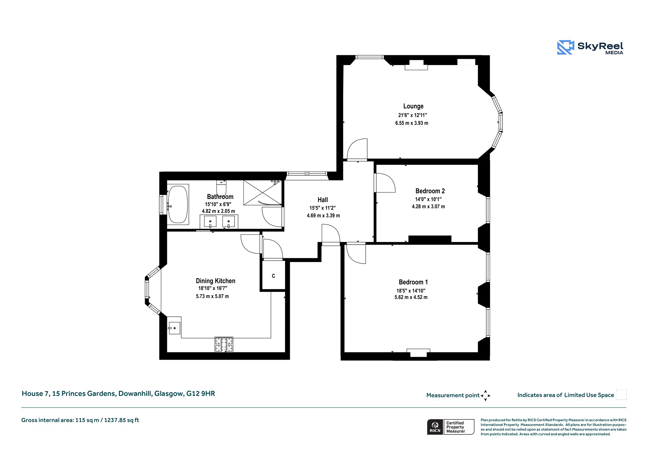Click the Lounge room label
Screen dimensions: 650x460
[x=413, y=106]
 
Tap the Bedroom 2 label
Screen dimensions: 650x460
[x=430, y=191]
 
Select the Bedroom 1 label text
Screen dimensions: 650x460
[x=413, y=282]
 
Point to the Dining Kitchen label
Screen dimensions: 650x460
[x=216, y=281]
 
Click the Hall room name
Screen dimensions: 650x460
[x=323, y=200]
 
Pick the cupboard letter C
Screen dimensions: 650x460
[x=274, y=276]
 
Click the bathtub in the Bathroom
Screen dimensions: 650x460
[x=178, y=205]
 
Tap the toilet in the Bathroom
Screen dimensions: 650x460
[x=221, y=188]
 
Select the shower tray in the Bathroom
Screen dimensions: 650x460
[x=262, y=193]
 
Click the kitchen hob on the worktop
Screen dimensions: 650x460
[x=224, y=344]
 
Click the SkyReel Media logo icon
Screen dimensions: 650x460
[x=566, y=47]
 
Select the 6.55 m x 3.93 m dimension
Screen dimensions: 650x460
[x=412, y=123]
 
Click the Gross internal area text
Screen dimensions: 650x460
[x=80, y=420]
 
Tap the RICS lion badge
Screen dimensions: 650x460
[x=435, y=427]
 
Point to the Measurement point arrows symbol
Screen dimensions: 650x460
[x=486, y=396]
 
